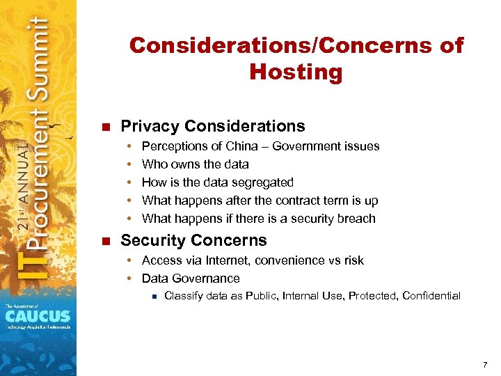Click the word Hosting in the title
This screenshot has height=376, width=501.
coord(296,72)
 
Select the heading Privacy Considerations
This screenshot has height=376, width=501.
coord(212,126)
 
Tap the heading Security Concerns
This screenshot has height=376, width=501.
coord(193,240)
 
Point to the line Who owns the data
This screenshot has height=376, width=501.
coord(195,164)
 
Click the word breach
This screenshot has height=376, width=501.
coord(357,219)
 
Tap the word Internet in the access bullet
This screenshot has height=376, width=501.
coord(227,260)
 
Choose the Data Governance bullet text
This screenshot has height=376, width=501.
coord(190,279)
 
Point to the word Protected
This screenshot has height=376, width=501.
coord(372,296)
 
